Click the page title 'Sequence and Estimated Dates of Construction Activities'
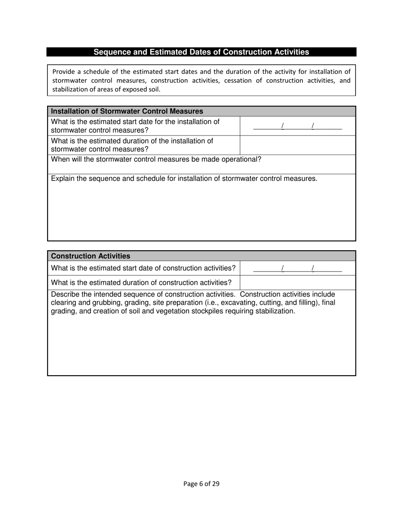[x=201, y=52]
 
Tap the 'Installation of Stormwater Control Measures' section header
[x=127, y=111]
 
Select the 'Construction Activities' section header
[x=91, y=256]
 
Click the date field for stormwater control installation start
[x=297, y=126]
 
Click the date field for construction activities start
[x=297, y=268]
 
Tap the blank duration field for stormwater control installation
[x=297, y=145]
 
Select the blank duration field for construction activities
[x=297, y=283]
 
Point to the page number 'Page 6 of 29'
[x=201, y=484]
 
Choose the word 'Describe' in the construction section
[x=66, y=294]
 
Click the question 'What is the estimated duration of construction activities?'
[x=141, y=283]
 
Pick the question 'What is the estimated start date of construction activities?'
[x=143, y=268]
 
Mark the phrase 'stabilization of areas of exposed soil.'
[x=106, y=89]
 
